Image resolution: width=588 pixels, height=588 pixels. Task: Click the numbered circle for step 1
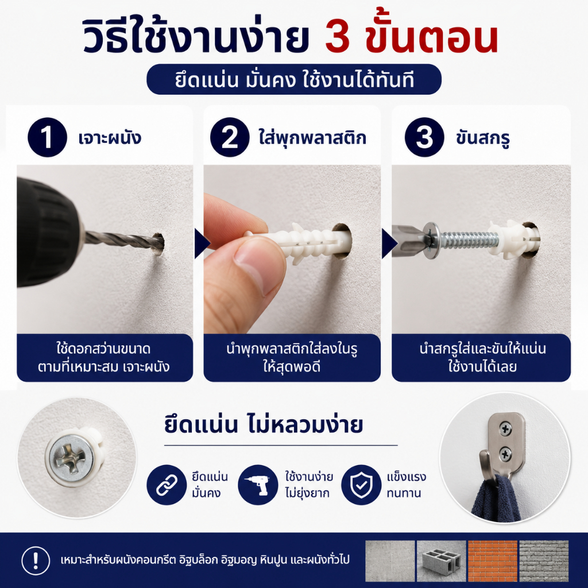pyautogui.click(x=47, y=137)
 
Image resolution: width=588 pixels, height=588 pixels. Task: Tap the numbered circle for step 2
pyautogui.click(x=230, y=137)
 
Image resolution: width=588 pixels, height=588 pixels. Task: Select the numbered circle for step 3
pyautogui.click(x=424, y=137)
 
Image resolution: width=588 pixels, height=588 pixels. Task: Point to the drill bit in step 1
pyautogui.click(x=124, y=241)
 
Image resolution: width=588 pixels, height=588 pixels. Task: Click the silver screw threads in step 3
pyautogui.click(x=469, y=240)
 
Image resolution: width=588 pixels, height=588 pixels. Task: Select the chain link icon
pyautogui.click(x=167, y=485)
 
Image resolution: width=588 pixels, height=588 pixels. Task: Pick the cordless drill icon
pyautogui.click(x=258, y=485)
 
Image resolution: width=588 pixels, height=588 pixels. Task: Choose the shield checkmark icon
pyautogui.click(x=361, y=485)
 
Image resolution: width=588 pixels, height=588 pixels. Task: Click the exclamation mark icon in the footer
pyautogui.click(x=36, y=560)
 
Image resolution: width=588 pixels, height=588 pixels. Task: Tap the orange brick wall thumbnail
pyautogui.click(x=492, y=560)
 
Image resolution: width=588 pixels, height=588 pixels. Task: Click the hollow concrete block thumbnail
pyautogui.click(x=442, y=560)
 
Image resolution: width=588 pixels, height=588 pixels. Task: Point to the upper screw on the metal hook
pyautogui.click(x=506, y=428)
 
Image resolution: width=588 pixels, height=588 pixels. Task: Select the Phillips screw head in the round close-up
pyautogui.click(x=72, y=454)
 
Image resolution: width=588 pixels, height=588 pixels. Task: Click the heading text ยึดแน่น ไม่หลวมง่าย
pyautogui.click(x=264, y=425)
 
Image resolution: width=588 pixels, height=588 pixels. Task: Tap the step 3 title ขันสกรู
pyautogui.click(x=483, y=138)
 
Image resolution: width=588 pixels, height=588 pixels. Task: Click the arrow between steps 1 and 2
pyautogui.click(x=202, y=243)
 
